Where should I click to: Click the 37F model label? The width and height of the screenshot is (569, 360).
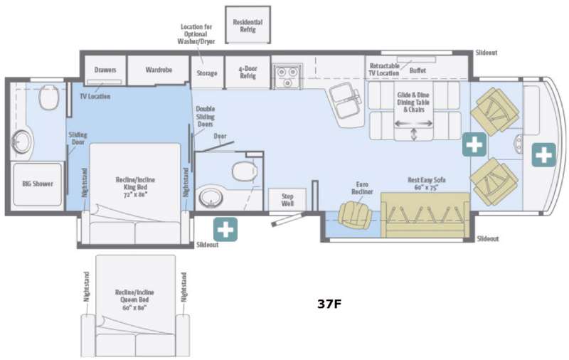tap(329, 304)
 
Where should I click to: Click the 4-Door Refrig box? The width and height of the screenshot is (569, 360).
tap(247, 71)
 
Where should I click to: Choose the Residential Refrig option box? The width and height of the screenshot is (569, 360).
tap(248, 25)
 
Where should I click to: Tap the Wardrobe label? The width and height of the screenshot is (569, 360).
tap(158, 70)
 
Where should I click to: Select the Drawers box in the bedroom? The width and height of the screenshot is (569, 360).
tap(105, 70)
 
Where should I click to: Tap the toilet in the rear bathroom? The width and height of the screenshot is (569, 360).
tap(48, 96)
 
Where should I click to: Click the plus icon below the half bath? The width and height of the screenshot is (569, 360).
tap(225, 229)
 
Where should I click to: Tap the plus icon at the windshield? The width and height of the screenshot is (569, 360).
tap(543, 154)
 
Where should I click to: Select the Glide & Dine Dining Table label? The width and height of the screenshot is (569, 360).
tap(415, 100)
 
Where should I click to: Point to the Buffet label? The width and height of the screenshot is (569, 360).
tap(418, 71)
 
